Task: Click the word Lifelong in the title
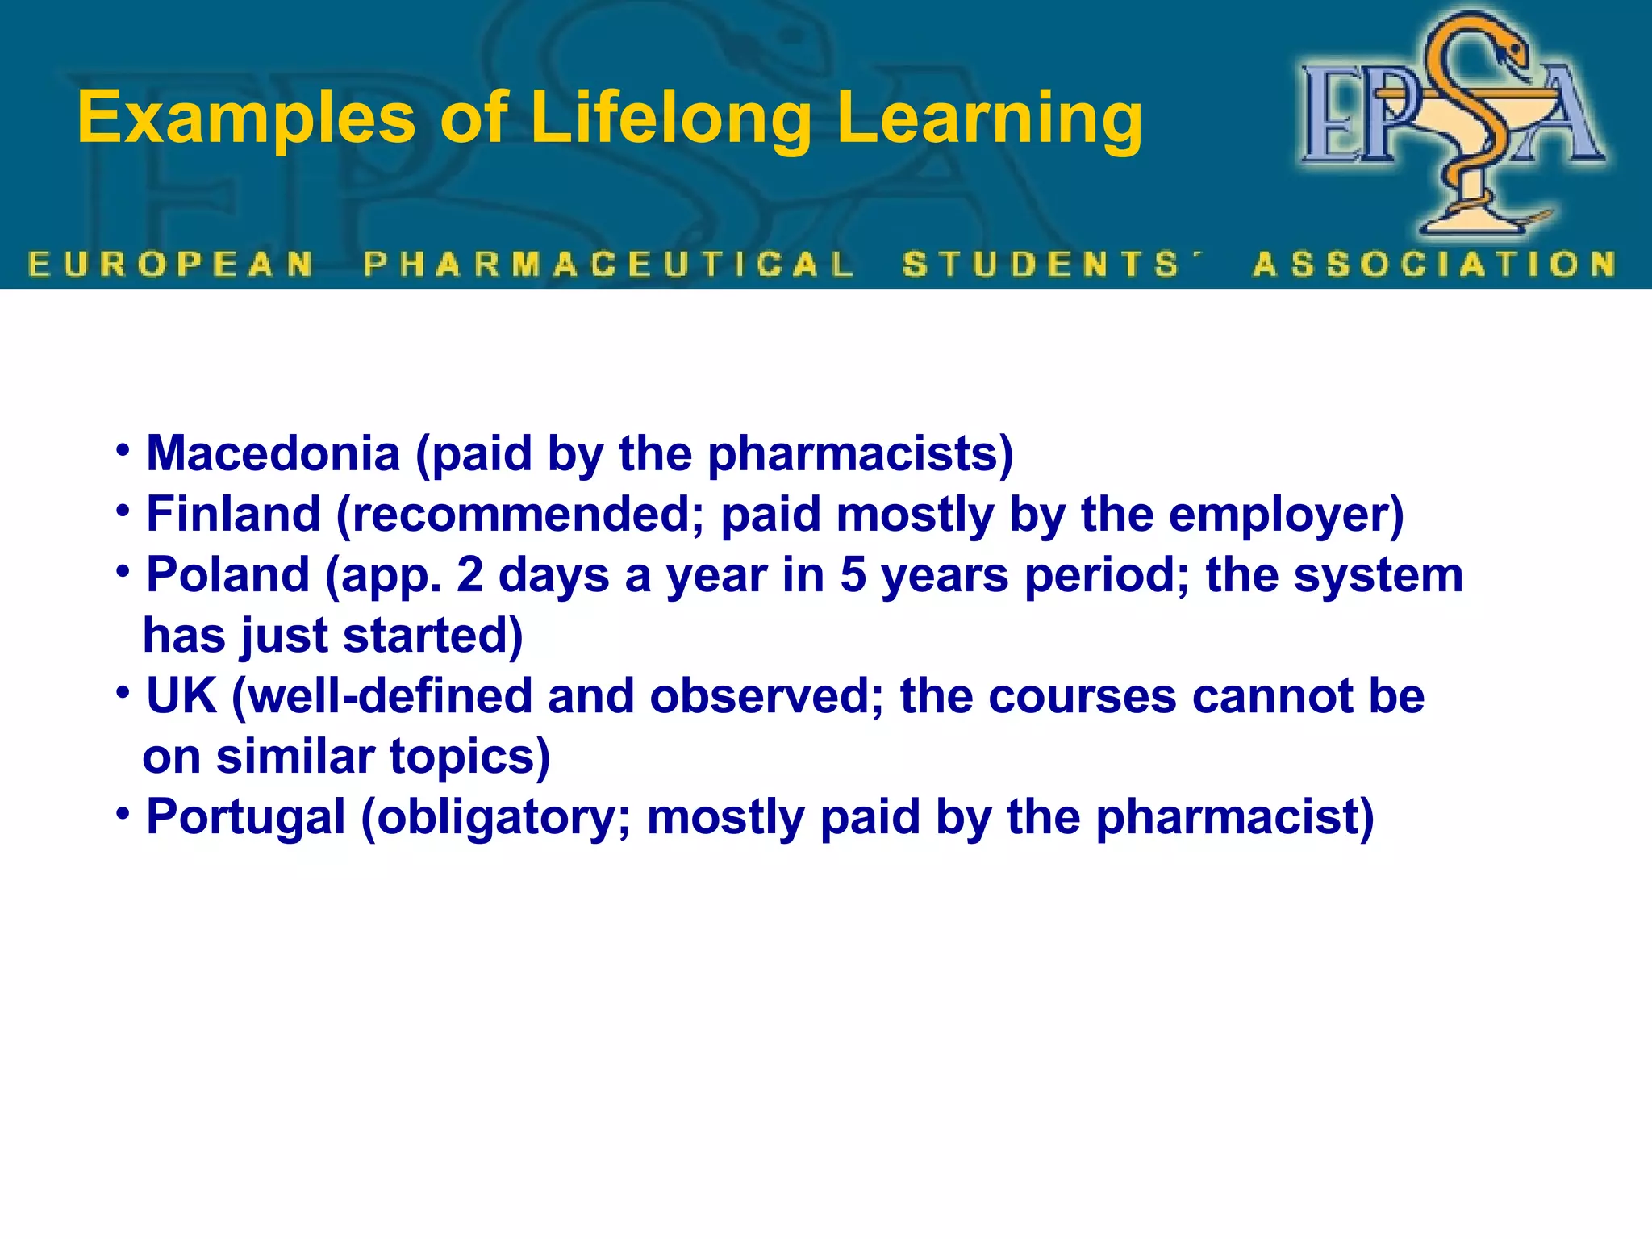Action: [670, 119]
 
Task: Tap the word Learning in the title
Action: [989, 119]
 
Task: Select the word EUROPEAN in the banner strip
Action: [171, 264]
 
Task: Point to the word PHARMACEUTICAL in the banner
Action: [609, 264]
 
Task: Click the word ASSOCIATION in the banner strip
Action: [1434, 264]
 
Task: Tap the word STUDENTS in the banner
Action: [1041, 264]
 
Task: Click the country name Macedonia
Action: [273, 453]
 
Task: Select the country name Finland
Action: [233, 514]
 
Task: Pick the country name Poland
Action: [228, 574]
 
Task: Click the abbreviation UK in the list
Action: [181, 695]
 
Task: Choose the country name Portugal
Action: [246, 816]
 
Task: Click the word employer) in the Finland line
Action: [1286, 514]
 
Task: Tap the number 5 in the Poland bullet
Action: [853, 574]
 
